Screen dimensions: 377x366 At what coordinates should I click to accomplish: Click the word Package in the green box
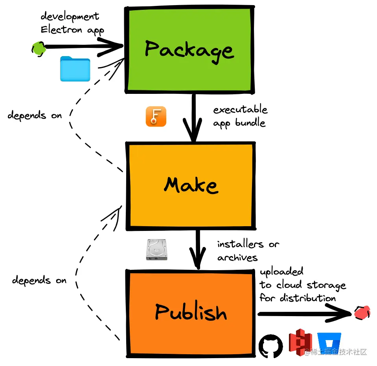click(189, 51)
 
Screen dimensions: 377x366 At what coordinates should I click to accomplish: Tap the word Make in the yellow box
click(191, 185)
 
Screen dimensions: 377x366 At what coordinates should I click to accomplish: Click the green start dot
click(39, 49)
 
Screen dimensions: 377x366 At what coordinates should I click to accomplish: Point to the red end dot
click(362, 313)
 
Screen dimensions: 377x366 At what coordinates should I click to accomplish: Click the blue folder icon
click(75, 69)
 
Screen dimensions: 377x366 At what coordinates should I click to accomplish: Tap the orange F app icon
click(156, 117)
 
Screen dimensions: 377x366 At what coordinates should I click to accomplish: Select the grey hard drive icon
click(156, 249)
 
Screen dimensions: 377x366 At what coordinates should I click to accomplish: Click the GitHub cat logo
click(271, 346)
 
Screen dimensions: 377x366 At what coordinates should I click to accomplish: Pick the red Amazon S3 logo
click(300, 342)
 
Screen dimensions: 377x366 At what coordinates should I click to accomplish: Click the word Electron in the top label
click(61, 29)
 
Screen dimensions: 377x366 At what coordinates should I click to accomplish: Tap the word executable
click(240, 110)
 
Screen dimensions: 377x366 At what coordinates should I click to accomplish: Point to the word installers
click(240, 244)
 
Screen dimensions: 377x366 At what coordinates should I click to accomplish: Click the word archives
click(237, 258)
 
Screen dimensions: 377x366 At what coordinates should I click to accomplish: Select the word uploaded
click(281, 272)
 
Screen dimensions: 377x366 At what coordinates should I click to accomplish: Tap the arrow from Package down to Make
click(193, 117)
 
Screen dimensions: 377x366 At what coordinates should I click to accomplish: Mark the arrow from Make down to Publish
click(198, 249)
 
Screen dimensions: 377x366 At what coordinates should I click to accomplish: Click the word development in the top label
click(70, 16)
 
